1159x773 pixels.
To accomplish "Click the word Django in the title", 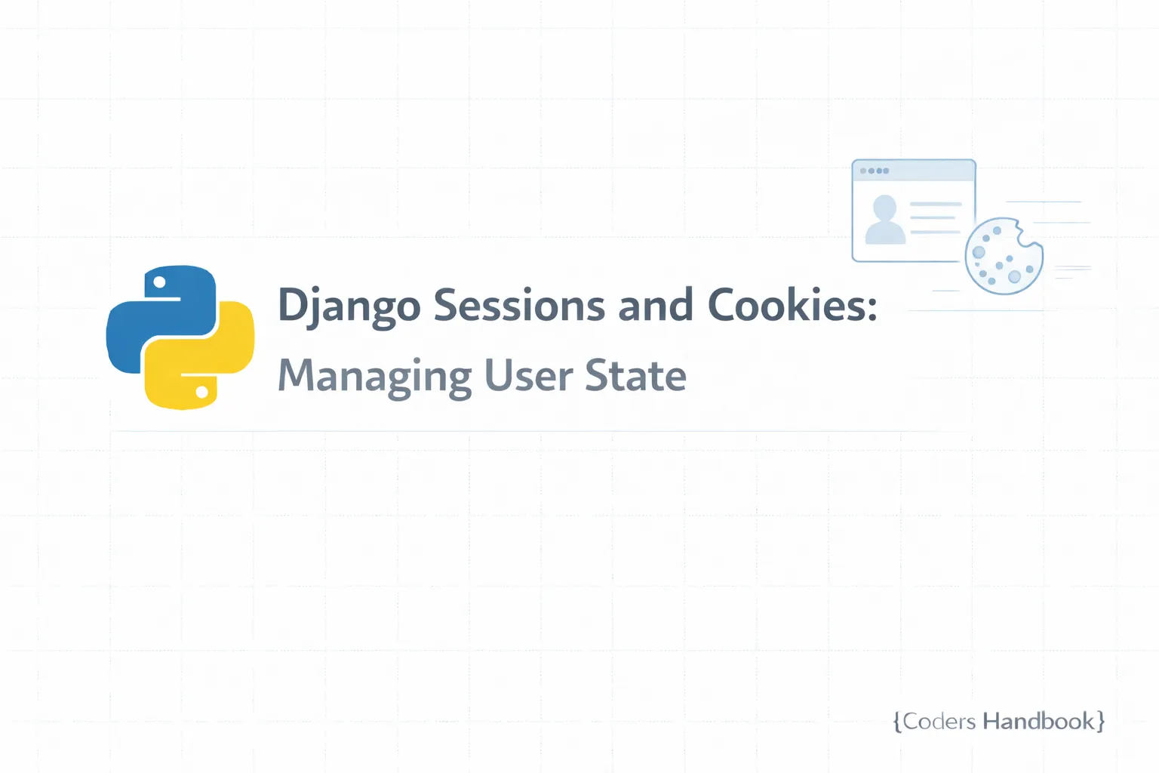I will [x=349, y=306].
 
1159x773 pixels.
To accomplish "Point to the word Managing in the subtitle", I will [x=374, y=376].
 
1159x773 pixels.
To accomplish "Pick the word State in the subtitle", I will [x=635, y=375].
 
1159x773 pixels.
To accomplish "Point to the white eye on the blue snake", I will [x=160, y=282].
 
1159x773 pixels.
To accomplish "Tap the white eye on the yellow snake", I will [x=201, y=392].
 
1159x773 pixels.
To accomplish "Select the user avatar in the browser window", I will [x=884, y=220].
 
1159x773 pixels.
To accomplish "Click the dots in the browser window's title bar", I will [x=875, y=171].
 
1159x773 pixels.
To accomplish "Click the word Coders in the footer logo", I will [x=939, y=722].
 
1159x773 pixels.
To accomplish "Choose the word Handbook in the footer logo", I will [x=1038, y=722].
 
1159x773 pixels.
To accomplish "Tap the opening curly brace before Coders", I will [x=897, y=722].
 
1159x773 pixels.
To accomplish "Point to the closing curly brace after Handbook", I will [x=1101, y=722].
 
